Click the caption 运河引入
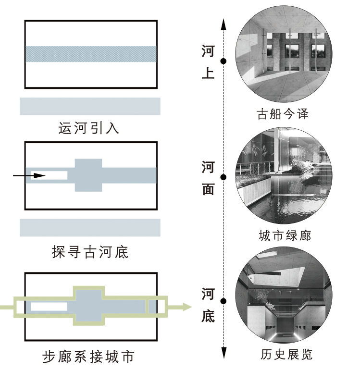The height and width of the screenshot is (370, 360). pos(89,129)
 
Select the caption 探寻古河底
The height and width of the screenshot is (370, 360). pos(90,252)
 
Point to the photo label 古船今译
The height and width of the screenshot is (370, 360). pos(282,114)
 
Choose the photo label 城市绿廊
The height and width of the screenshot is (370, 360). pos(285,236)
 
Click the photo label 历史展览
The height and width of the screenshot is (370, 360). pos(286,355)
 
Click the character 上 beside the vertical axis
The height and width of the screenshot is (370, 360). pos(208,74)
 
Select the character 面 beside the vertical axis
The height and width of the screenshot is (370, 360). pos(208,188)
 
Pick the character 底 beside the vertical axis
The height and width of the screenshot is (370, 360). pos(208,316)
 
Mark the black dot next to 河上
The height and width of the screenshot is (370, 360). pos(223,61)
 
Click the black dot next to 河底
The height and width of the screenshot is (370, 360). pos(223,301)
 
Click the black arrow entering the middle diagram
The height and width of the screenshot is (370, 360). pos(29,175)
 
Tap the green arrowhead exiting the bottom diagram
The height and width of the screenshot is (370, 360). pos(186,307)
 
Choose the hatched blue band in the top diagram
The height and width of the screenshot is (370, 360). pos(91,54)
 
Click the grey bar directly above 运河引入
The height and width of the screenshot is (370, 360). pos(90,106)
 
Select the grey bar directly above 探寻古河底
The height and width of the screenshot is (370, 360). pos(90,228)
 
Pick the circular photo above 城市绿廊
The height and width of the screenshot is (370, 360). pos(283,176)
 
